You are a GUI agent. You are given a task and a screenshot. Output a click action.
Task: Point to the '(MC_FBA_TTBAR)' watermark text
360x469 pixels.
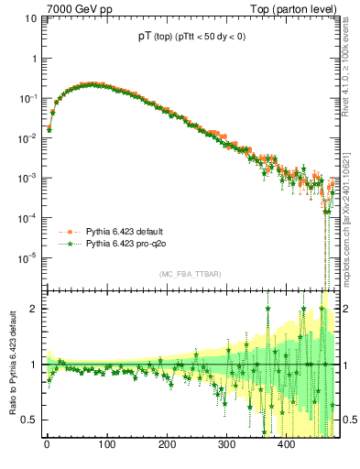[x=190, y=274]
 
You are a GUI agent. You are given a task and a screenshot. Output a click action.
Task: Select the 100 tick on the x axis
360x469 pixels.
[x=106, y=446]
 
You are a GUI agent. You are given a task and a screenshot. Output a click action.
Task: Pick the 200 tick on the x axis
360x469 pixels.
[x=166, y=446]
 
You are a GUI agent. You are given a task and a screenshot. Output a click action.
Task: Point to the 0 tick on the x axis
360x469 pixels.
[x=47, y=446]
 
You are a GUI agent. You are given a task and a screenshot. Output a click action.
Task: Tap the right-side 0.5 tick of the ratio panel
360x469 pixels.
[x=344, y=420]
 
